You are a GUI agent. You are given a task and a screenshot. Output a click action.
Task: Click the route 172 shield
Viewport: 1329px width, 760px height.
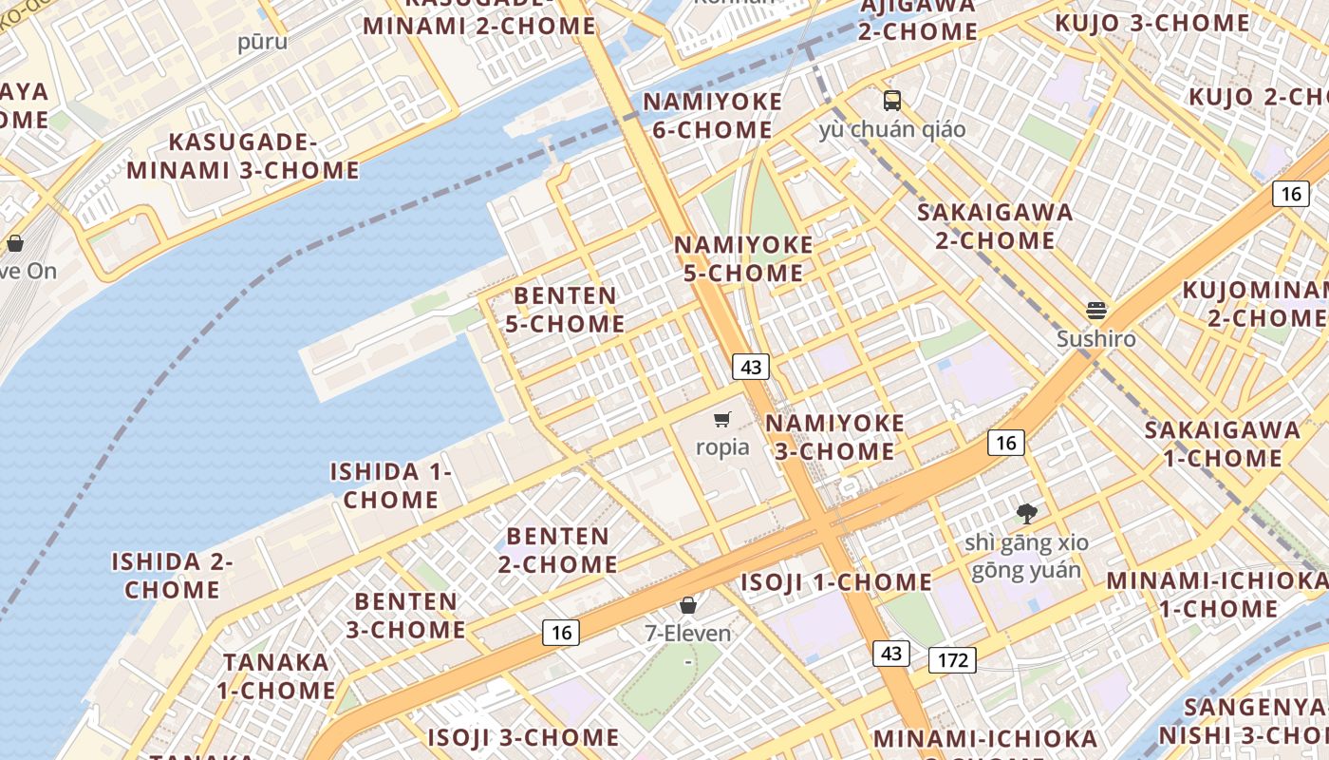coord(952,660)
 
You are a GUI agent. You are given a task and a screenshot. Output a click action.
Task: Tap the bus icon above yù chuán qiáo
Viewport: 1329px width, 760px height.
coord(891,100)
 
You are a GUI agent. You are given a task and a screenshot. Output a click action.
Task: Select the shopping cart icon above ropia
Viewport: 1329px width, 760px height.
coord(722,419)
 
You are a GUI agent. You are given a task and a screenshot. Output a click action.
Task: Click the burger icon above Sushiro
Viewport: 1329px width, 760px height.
coord(1096,311)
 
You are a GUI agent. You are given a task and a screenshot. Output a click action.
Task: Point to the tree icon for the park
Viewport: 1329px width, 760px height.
coord(1026,514)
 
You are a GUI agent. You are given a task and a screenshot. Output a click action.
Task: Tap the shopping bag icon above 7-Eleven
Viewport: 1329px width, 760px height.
coord(688,605)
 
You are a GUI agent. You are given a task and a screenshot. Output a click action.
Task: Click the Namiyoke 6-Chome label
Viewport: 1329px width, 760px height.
coord(713,116)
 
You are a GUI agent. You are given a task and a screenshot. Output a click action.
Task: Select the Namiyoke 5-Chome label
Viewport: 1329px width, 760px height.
coord(743,258)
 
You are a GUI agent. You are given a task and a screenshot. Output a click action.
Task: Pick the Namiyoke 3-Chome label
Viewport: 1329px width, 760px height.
coord(834,436)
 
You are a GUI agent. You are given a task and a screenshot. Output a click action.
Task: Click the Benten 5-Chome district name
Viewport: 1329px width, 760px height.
coord(565,310)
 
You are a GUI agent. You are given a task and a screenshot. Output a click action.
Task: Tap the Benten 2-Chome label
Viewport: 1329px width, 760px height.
coord(557,550)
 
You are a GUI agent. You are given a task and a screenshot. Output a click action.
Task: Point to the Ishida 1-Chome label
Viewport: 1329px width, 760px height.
coord(390,485)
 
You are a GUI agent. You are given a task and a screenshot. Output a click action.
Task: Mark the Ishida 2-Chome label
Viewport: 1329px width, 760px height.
coord(172,575)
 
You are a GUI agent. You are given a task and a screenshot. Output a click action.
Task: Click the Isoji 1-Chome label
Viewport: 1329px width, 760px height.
coord(836,581)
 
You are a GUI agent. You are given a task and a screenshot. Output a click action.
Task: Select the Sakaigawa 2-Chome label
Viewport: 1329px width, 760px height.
coord(995,226)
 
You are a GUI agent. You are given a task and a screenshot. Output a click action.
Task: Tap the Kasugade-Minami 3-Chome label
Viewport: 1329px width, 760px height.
coord(243,157)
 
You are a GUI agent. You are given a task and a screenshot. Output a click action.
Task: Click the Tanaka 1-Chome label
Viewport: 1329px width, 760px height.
coord(275,675)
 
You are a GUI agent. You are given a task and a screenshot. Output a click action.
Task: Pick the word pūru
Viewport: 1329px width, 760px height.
coord(262,42)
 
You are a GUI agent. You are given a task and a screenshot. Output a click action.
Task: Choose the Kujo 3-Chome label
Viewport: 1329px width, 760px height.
coord(1152,23)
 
